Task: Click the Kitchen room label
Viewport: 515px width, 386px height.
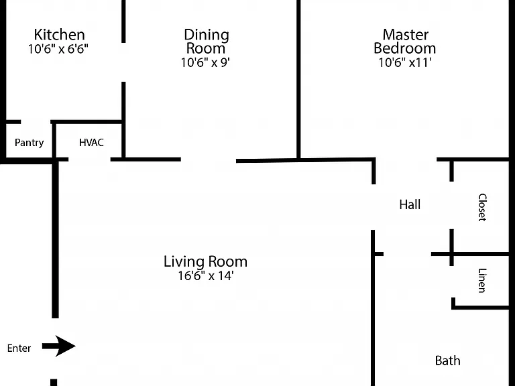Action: coord(60,34)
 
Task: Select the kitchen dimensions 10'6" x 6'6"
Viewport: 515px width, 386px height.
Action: coord(58,49)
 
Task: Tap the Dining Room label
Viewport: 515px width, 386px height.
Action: coord(207,42)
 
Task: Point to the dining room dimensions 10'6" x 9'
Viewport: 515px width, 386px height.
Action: coord(205,62)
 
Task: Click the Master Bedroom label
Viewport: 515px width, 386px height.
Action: coord(405,42)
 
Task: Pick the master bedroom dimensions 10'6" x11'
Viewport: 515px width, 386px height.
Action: coord(405,62)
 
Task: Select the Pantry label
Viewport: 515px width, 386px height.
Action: coord(30,143)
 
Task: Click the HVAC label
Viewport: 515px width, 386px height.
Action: coord(91,143)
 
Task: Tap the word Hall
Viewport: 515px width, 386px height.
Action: coord(410,204)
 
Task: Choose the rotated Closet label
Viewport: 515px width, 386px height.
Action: coord(482,208)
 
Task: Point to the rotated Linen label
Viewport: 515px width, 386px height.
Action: coord(482,280)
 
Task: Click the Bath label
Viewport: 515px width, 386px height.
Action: coord(448,361)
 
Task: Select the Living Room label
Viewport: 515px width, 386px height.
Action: coord(206,261)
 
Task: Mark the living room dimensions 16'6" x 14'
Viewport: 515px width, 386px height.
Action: coord(206,275)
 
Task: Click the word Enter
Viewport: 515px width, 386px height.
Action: coord(19,348)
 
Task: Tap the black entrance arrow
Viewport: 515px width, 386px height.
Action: coord(59,346)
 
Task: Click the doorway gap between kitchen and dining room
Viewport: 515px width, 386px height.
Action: coord(123,62)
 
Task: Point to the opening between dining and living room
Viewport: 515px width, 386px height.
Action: coord(209,160)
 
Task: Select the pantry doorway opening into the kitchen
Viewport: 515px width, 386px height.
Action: coord(36,122)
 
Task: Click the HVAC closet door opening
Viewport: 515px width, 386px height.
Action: coord(89,159)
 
